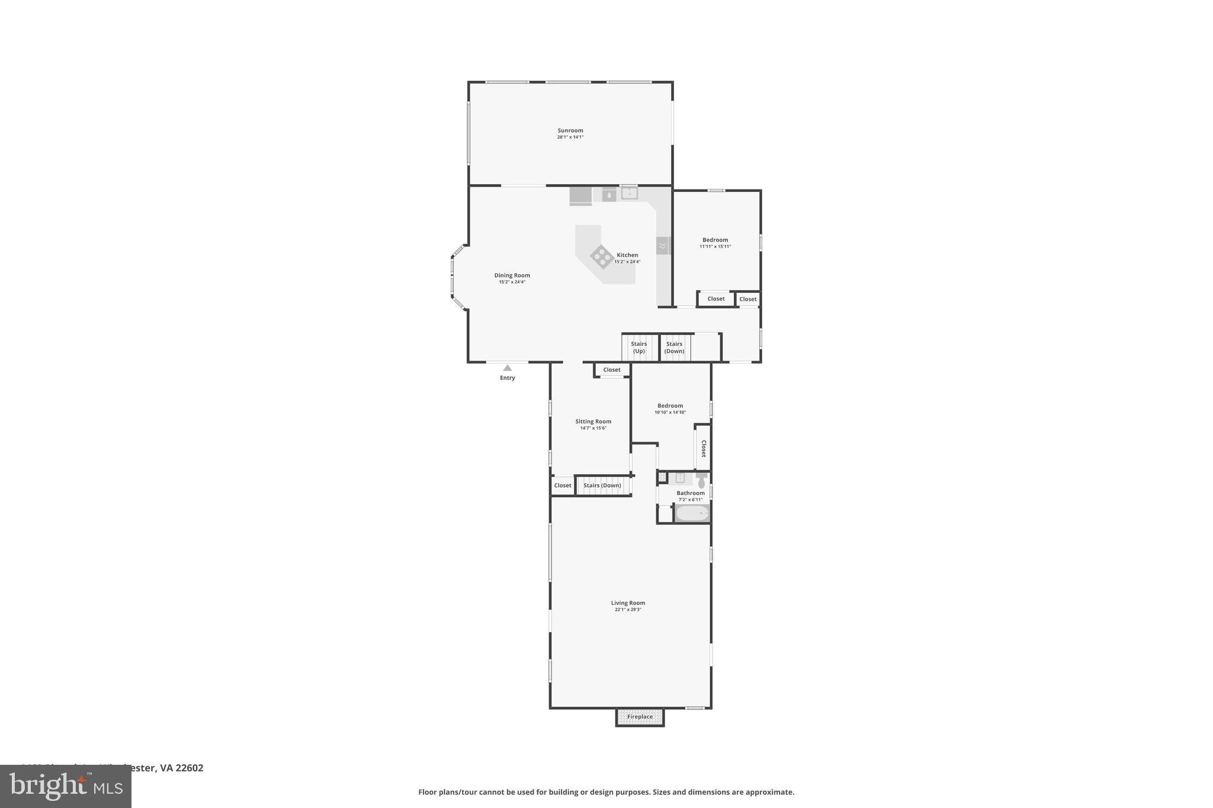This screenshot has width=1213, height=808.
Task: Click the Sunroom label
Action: [570, 130]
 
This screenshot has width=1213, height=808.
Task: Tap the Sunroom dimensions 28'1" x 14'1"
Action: [570, 137]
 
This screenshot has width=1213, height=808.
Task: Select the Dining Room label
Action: [512, 275]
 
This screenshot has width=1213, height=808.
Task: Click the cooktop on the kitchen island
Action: [602, 256]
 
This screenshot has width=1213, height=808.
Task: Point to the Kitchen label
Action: [627, 255]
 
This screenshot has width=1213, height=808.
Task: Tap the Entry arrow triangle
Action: [507, 368]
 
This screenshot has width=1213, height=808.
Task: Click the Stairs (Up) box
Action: [639, 347]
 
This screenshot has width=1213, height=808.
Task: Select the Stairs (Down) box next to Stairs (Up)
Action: [675, 347]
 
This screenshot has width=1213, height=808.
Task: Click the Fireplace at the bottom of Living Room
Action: [640, 717]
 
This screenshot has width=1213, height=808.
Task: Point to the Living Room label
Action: [628, 603]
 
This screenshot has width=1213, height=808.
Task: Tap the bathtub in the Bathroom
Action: [692, 513]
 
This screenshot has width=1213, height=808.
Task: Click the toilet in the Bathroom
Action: [702, 481]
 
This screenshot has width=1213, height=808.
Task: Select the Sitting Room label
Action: [593, 421]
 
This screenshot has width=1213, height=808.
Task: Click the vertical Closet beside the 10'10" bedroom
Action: [703, 448]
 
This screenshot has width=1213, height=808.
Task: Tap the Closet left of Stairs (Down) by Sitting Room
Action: [563, 485]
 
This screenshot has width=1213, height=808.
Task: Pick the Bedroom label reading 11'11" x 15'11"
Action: [715, 240]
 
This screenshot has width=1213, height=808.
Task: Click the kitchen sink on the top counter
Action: [629, 192]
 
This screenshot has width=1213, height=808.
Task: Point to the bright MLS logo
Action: [66, 786]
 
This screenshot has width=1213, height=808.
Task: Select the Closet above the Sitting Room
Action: [612, 370]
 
